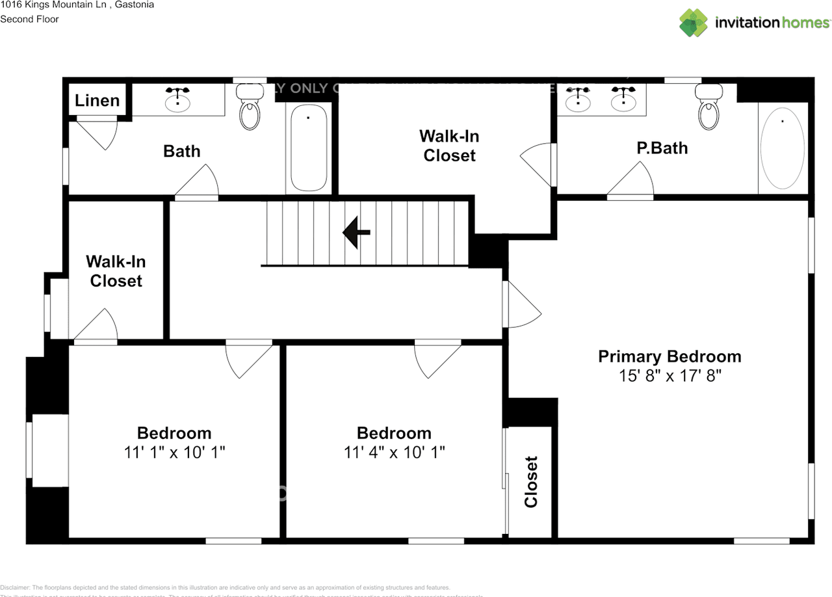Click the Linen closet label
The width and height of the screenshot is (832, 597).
pyautogui.click(x=97, y=100)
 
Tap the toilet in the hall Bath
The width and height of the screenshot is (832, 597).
pyautogui.click(x=249, y=109)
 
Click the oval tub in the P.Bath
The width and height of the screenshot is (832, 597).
pyautogui.click(x=782, y=148)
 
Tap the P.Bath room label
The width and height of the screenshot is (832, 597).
pyautogui.click(x=662, y=148)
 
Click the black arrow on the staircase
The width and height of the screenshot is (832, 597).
pyautogui.click(x=356, y=232)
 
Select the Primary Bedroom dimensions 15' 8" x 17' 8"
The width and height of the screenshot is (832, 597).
pyautogui.click(x=669, y=376)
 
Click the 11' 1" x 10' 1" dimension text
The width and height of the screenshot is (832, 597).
pyautogui.click(x=174, y=452)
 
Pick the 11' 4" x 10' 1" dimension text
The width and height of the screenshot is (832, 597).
pyautogui.click(x=394, y=452)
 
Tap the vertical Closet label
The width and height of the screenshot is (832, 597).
pyautogui.click(x=531, y=481)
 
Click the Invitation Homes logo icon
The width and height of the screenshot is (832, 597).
pyautogui.click(x=694, y=23)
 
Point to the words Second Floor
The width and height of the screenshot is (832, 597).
pyautogui.click(x=29, y=19)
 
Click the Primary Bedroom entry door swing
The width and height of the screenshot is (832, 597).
pyautogui.click(x=522, y=306)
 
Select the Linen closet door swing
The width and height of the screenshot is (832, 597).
pyautogui.click(x=97, y=133)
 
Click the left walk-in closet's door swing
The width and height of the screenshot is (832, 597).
pyautogui.click(x=96, y=325)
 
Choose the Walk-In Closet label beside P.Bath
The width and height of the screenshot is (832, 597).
pyautogui.click(x=448, y=146)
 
